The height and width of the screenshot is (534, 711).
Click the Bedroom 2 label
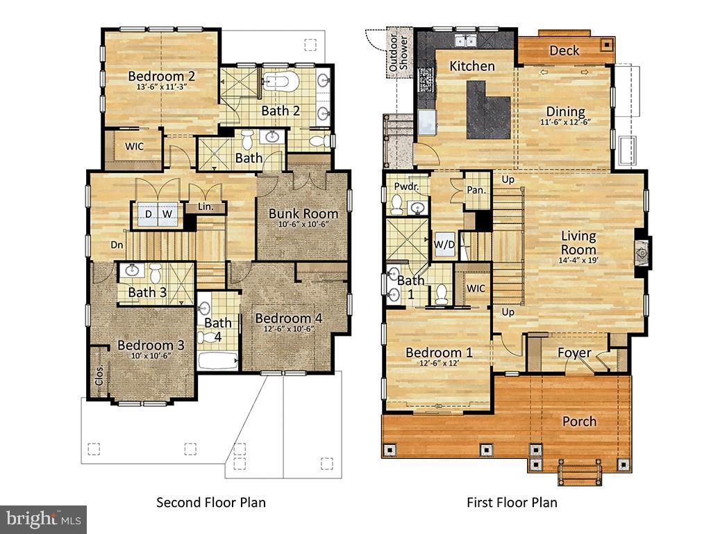(x=161, y=76)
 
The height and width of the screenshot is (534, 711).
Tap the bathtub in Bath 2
(x=281, y=82)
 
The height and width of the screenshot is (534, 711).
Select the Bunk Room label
(x=303, y=213)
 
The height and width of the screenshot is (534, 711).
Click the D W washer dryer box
(x=157, y=214)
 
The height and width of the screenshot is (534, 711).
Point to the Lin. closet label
(x=206, y=207)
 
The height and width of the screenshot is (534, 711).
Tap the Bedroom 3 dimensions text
(x=151, y=356)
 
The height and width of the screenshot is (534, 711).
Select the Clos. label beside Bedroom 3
(x=99, y=375)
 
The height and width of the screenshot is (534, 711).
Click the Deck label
(x=564, y=51)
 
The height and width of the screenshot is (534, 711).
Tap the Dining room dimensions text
(x=565, y=122)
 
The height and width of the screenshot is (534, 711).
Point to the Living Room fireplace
(x=642, y=254)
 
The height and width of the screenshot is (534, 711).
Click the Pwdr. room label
(x=405, y=187)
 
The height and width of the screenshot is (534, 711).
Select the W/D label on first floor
(x=444, y=244)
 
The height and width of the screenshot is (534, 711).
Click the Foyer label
(x=575, y=353)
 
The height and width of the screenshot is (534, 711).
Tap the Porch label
(x=579, y=421)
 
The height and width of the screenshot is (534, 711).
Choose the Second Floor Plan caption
(x=210, y=502)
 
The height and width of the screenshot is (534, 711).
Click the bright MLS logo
(x=43, y=519)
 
